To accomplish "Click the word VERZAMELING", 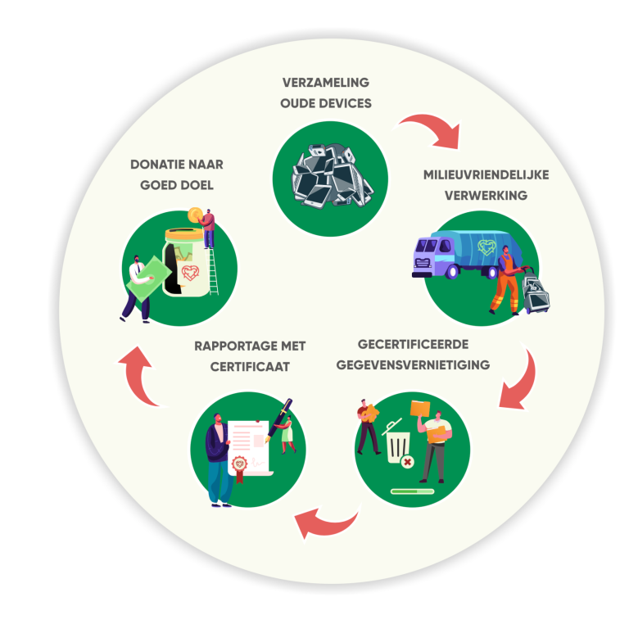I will (x=326, y=83).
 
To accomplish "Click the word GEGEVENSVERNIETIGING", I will (x=413, y=364).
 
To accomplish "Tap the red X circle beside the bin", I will (x=407, y=463).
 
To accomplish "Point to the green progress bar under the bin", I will (x=412, y=491).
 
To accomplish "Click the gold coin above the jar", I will (x=194, y=215).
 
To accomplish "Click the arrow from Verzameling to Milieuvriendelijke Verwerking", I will (x=429, y=129).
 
